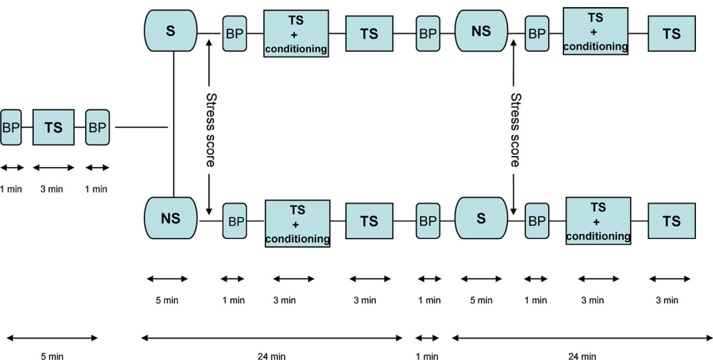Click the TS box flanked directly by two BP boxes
53,127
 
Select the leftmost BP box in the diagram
11,127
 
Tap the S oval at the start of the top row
171,31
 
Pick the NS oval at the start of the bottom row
171,218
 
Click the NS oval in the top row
481,31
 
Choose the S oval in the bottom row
481,218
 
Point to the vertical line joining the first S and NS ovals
174,122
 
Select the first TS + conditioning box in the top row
296,34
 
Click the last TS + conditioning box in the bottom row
598,221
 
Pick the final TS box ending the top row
671,34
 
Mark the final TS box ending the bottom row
671,221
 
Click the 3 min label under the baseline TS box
52,189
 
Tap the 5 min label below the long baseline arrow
52,356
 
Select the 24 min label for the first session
272,356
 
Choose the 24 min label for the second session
582,356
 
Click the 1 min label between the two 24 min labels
427,356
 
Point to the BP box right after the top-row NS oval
537,34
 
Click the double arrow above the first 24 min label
272,338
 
